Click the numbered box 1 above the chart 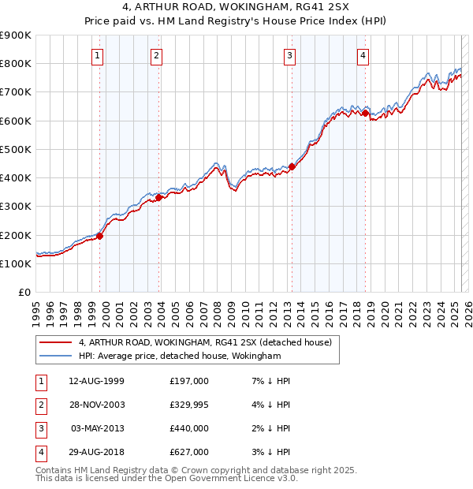(96, 55)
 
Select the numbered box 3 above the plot (290, 55)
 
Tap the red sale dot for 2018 (366, 114)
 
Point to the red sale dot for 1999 (100, 236)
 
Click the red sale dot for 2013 (292, 166)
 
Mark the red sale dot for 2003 (159, 198)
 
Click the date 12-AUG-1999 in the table (96, 381)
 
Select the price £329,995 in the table (189, 405)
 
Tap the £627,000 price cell (189, 452)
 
